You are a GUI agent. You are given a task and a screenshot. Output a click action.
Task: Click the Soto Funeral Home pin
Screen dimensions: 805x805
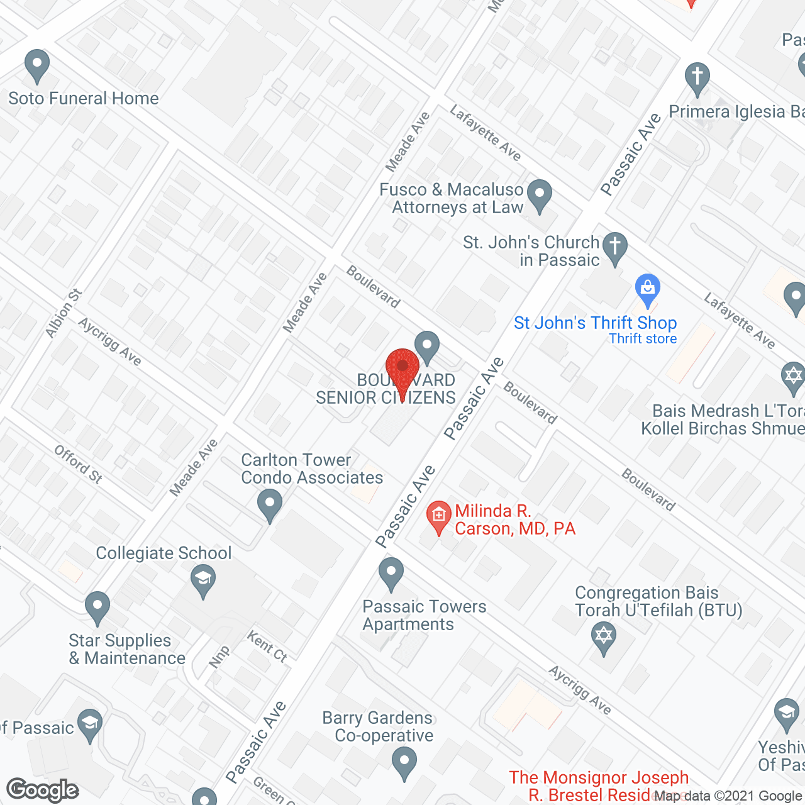(x=37, y=65)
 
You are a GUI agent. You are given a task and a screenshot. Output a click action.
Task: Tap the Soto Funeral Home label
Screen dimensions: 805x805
(x=83, y=98)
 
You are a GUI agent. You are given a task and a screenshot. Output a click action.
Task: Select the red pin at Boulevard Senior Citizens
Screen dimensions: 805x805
(x=402, y=369)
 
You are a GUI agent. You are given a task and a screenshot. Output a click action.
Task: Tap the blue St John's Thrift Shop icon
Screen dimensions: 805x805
(x=647, y=290)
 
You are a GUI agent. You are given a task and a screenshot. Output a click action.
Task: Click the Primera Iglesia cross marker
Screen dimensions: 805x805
(x=697, y=78)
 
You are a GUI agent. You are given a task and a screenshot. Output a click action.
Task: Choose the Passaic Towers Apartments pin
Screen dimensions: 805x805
(x=391, y=574)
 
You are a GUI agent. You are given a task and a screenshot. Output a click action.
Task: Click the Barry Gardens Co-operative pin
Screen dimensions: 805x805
(x=404, y=762)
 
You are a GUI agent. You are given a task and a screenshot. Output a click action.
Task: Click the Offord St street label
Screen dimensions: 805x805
(x=78, y=464)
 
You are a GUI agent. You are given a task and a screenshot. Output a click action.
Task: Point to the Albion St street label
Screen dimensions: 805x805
(x=64, y=313)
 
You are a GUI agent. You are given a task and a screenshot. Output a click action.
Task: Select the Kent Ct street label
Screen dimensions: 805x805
(x=267, y=647)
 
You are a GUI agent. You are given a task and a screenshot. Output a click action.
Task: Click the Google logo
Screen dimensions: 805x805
(x=43, y=790)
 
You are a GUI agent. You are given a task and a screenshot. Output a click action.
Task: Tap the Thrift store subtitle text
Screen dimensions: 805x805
(x=643, y=338)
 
